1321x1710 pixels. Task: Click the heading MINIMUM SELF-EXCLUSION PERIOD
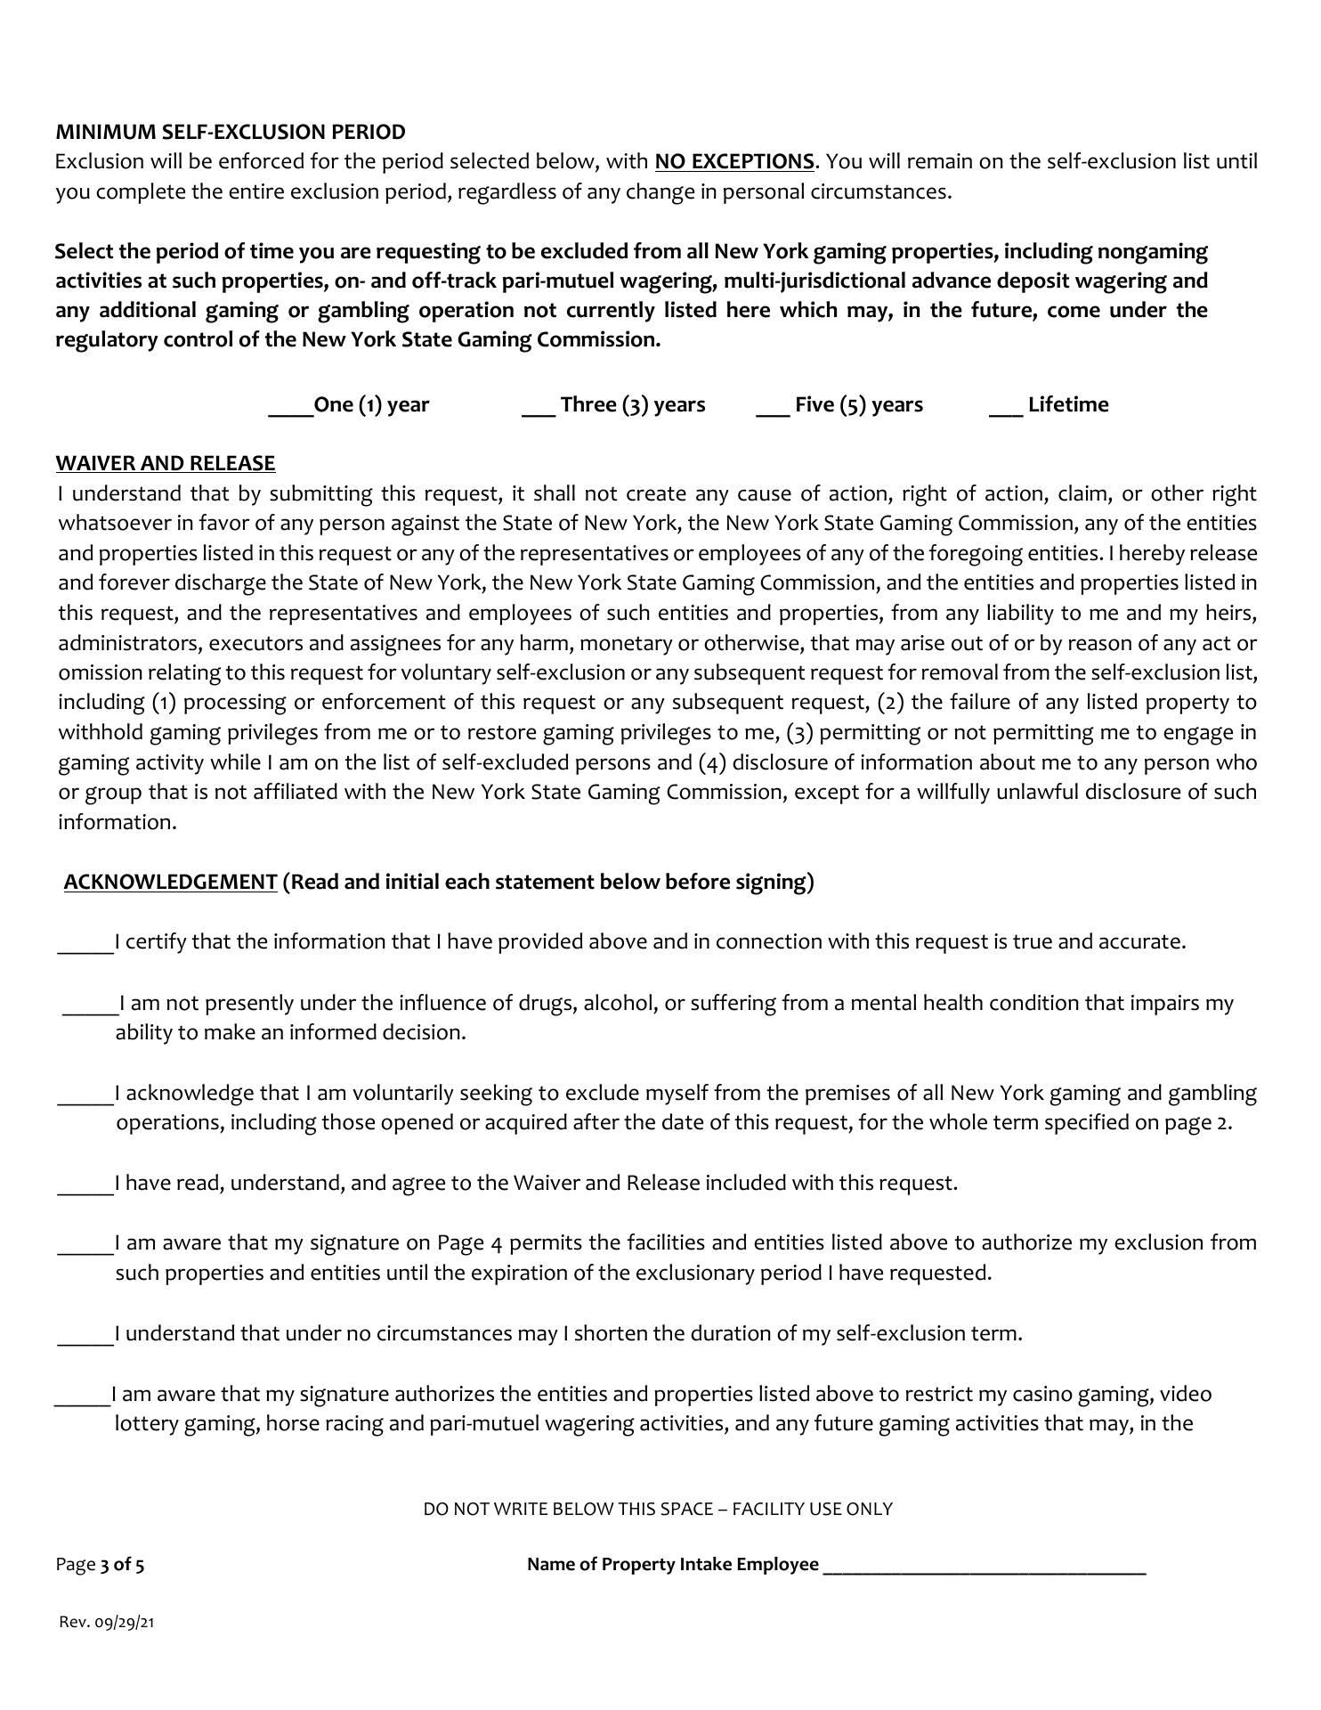tap(230, 133)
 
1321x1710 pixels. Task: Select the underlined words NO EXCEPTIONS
tap(733, 162)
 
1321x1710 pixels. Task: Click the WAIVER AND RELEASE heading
tap(166, 464)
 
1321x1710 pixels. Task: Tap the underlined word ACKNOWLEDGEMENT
tap(171, 883)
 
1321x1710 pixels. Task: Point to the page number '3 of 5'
tap(122, 1565)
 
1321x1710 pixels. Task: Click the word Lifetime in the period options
tap(1068, 405)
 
